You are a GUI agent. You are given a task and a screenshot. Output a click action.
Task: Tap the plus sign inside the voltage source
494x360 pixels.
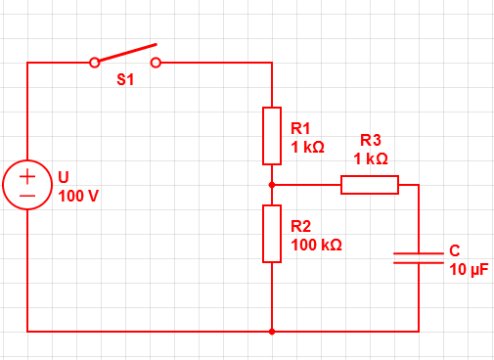coord(27,176)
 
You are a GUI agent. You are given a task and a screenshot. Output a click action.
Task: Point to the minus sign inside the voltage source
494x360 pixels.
coord(27,196)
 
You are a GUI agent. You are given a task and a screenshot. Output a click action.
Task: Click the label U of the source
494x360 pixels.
coord(64,177)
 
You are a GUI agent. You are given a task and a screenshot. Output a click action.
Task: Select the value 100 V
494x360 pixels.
coord(78,196)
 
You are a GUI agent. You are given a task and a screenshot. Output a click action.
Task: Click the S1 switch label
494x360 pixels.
coord(125,79)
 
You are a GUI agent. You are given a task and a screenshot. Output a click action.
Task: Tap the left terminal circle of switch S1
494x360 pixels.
coord(95,63)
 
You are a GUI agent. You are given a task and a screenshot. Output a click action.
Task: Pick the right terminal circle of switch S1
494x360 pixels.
coord(156,63)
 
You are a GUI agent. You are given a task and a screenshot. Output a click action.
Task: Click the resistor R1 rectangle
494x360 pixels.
coord(263,136)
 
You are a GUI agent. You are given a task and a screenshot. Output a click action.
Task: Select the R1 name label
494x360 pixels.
coord(300,128)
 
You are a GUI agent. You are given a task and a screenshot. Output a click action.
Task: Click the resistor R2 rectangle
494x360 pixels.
coord(263,234)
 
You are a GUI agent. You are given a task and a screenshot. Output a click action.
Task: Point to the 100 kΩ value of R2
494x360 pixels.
coord(316,245)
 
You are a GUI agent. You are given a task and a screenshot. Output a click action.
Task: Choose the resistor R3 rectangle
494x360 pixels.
coord(370,176)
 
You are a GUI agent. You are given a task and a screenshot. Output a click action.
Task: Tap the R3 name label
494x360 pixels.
coord(371,140)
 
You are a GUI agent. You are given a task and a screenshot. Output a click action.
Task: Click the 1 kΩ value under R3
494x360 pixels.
coord(371,158)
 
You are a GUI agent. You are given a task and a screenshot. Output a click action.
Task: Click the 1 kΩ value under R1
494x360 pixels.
coord(307,147)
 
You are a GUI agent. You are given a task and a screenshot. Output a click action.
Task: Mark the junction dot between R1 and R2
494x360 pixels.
coord(272,185)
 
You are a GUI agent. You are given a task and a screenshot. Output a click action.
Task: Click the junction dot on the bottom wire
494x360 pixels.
coord(272,332)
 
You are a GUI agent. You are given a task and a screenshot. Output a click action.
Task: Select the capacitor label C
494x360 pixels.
coord(455,250)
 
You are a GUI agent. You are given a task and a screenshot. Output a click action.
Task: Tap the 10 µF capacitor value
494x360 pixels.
coord(469,270)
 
